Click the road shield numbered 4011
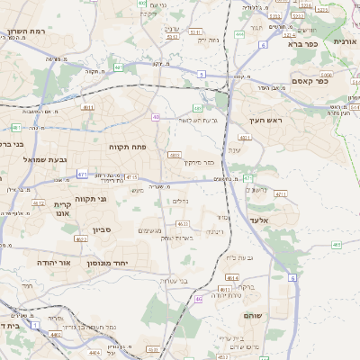(244, 138)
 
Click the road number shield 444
(239, 34)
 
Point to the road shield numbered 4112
(38, 203)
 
